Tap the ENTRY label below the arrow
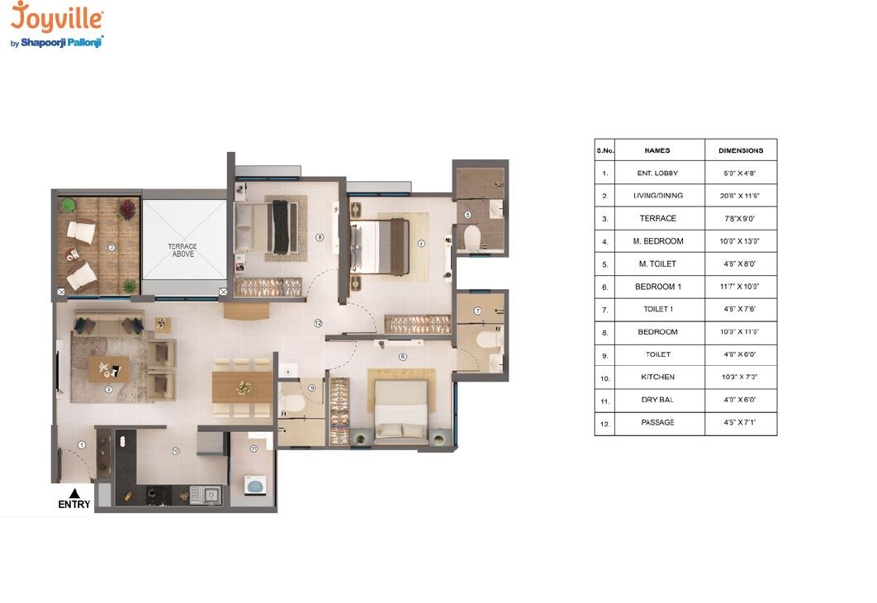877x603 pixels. pyautogui.click(x=73, y=505)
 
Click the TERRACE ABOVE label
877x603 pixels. pyautogui.click(x=182, y=250)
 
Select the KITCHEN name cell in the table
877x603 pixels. pyautogui.click(x=657, y=377)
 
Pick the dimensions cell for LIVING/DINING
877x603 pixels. pyautogui.click(x=741, y=196)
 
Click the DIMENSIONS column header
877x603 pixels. pyautogui.click(x=741, y=151)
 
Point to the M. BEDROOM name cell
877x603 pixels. pyautogui.click(x=657, y=241)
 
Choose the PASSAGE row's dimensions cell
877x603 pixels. pyautogui.click(x=741, y=422)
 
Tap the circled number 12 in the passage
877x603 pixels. pyautogui.click(x=318, y=324)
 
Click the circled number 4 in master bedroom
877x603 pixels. pyautogui.click(x=420, y=244)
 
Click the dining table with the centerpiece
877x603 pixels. pyautogui.click(x=242, y=387)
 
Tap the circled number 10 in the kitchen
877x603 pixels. pyautogui.click(x=175, y=451)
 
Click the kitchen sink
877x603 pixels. pyautogui.click(x=211, y=495)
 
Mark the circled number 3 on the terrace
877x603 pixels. pyautogui.click(x=111, y=246)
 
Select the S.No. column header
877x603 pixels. pyautogui.click(x=604, y=151)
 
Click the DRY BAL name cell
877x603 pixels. pyautogui.click(x=657, y=400)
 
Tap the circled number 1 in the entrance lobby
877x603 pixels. pyautogui.click(x=82, y=445)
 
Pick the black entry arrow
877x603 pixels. pyautogui.click(x=73, y=492)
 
